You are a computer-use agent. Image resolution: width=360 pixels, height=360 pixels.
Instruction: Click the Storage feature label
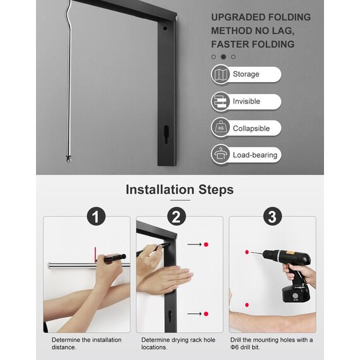click(x=246, y=74)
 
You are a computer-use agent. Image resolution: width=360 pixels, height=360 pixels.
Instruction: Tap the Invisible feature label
click(x=246, y=101)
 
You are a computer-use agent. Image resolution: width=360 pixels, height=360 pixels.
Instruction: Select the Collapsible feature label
click(x=251, y=128)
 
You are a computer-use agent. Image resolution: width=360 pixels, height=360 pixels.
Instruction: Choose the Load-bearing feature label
click(x=255, y=155)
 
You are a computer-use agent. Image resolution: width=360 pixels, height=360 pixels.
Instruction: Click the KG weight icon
click(x=221, y=128)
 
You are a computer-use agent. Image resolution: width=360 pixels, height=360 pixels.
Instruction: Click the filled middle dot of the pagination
click(x=224, y=57)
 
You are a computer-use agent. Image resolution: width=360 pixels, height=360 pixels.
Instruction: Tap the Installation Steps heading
click(x=179, y=189)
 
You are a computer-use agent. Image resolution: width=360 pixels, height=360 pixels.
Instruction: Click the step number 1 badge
click(x=95, y=218)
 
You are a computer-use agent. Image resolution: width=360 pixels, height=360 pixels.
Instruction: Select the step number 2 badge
click(x=177, y=218)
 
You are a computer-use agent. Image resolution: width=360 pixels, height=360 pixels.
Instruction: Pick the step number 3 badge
click(x=272, y=218)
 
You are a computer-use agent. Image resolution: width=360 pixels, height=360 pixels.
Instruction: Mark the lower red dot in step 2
click(x=206, y=313)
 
